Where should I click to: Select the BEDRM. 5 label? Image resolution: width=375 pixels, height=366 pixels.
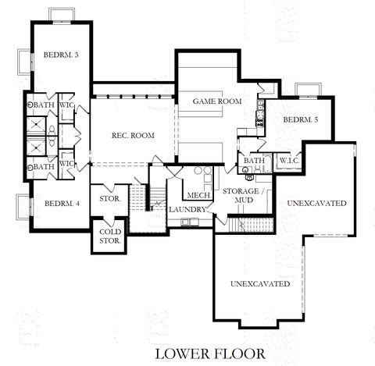[300, 120]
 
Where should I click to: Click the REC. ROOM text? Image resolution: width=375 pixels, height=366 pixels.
[133, 136]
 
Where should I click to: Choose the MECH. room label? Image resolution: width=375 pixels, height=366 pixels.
[196, 195]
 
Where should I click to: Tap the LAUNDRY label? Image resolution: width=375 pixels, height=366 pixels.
[188, 209]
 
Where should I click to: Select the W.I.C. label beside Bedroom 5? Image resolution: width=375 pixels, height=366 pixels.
[290, 161]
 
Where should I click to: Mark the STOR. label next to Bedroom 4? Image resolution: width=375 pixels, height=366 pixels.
[109, 199]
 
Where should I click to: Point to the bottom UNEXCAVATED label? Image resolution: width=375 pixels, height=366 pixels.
[260, 283]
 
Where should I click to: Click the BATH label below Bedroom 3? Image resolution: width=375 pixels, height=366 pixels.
[43, 105]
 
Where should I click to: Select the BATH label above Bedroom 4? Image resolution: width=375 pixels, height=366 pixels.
[43, 166]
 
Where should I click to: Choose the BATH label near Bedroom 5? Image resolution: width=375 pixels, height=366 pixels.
[253, 161]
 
